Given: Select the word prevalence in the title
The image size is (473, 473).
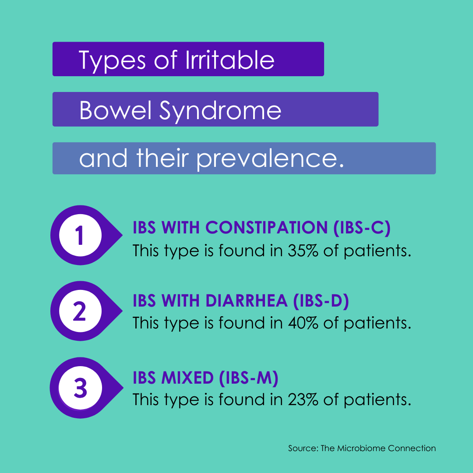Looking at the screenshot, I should [x=268, y=159].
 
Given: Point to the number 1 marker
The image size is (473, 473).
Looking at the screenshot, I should [x=80, y=235].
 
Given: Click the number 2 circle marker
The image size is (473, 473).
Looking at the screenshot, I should [x=80, y=311].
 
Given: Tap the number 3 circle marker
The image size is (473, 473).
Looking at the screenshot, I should [x=80, y=388].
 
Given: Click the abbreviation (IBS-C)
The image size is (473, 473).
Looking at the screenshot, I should [x=362, y=228].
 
